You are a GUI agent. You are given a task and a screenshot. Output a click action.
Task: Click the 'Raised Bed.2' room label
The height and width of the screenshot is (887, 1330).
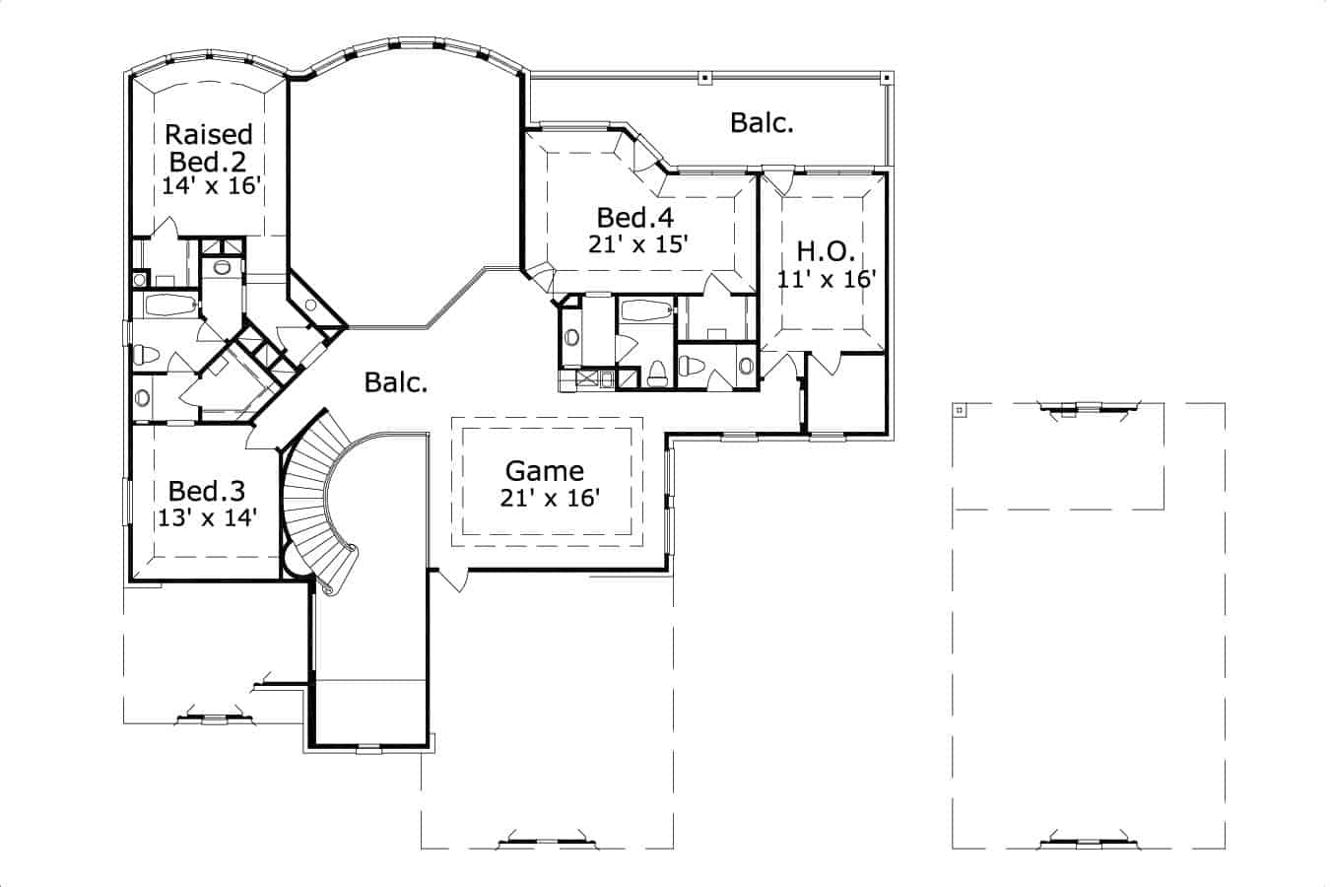208,147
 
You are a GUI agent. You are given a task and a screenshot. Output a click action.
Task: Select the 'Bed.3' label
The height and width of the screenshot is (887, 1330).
207,490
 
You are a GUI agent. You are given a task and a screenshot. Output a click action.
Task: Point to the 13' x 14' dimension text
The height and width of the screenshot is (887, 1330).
207,517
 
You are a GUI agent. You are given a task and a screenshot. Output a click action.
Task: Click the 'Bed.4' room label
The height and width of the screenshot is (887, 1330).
636,217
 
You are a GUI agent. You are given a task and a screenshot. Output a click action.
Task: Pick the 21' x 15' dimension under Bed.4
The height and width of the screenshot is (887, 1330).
636,244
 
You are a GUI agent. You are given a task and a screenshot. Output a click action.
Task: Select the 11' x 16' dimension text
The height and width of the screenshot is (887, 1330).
826,279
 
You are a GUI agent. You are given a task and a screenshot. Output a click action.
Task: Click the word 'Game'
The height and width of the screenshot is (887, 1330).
545,471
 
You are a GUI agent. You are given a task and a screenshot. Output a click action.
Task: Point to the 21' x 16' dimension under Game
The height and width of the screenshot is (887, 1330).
549,499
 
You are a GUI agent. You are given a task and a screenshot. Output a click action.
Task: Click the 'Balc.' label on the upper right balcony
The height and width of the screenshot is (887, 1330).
762,123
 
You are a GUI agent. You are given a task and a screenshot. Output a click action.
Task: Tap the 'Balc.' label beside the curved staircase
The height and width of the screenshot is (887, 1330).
396,382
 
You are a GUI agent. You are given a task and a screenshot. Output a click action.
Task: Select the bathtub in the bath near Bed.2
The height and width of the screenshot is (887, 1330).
171,306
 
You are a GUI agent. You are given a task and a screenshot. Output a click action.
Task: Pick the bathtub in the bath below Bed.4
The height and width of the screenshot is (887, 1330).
646,310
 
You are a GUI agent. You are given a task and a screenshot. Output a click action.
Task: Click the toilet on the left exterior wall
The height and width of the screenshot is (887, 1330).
148,354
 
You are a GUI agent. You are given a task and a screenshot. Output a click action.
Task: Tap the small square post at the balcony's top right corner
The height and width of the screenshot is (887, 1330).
885,77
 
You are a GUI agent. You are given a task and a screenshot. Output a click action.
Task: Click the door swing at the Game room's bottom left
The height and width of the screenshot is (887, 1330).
450,580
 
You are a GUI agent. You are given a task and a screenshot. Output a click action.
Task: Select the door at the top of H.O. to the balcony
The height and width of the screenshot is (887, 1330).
779,180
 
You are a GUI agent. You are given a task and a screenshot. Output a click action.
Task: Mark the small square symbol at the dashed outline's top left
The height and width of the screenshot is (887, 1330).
960,409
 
